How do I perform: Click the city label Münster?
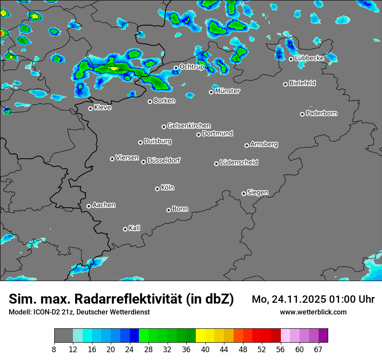click(x=227, y=91)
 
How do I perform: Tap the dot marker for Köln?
click(x=157, y=189)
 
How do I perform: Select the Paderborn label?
click(x=322, y=113)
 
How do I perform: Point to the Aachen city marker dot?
click(x=89, y=206)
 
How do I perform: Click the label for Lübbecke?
click(x=309, y=58)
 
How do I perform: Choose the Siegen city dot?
click(x=244, y=193)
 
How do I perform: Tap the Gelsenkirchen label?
click(x=189, y=126)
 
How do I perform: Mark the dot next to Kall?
click(x=125, y=229)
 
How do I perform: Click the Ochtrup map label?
click(x=191, y=67)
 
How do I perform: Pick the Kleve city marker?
click(x=90, y=108)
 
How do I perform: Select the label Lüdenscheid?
click(x=239, y=163)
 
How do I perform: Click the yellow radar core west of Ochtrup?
click(x=114, y=68)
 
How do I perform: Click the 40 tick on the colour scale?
click(x=205, y=350)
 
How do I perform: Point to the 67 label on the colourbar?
click(x=318, y=350)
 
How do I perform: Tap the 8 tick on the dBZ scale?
click(x=54, y=350)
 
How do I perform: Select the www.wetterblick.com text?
click(x=313, y=312)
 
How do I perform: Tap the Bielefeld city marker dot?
click(x=285, y=84)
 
